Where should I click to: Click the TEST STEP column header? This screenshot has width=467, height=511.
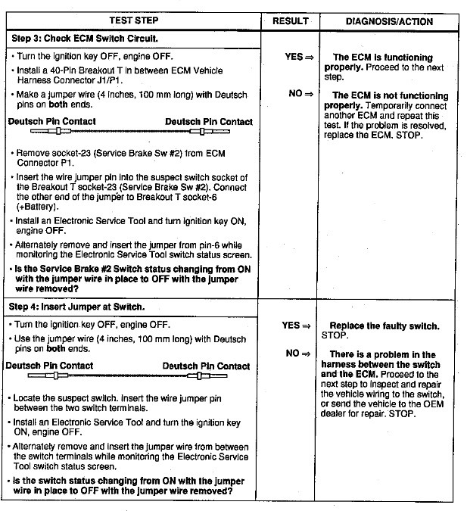click(134, 21)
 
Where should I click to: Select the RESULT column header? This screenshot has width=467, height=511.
click(291, 21)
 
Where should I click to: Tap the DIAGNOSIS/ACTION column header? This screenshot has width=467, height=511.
click(390, 21)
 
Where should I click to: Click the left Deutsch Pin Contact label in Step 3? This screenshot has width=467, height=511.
click(52, 122)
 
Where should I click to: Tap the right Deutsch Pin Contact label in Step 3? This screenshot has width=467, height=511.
click(209, 122)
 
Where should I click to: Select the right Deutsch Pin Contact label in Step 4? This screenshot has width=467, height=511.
click(206, 366)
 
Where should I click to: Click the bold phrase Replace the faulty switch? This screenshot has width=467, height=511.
click(384, 326)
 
